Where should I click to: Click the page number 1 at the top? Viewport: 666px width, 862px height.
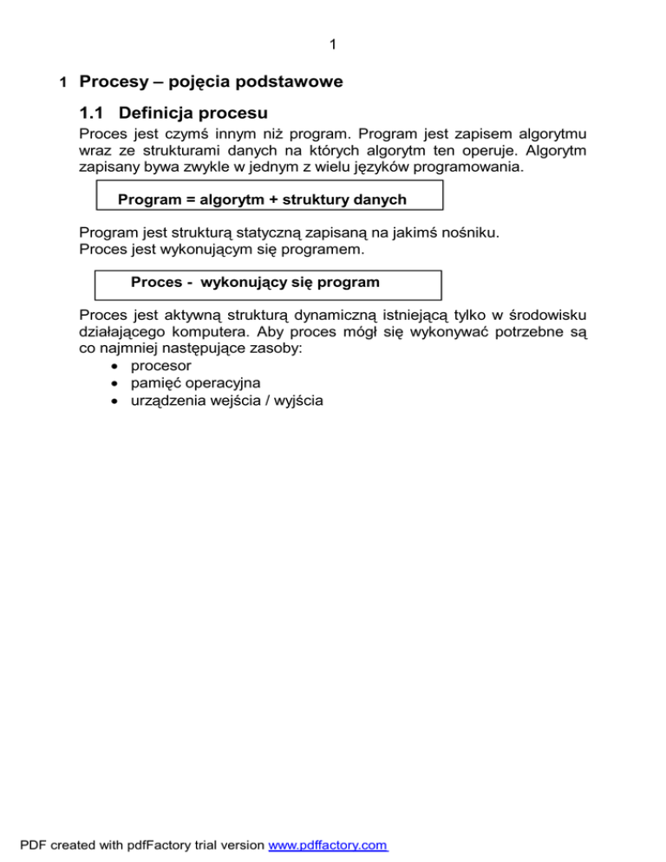(333, 44)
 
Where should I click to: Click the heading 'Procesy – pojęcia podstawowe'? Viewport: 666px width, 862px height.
(211, 82)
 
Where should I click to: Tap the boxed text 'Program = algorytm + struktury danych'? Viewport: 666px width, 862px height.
(262, 199)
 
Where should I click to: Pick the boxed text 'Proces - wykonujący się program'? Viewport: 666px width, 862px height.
(255, 283)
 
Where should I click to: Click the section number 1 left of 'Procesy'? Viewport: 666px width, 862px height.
(62, 84)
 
